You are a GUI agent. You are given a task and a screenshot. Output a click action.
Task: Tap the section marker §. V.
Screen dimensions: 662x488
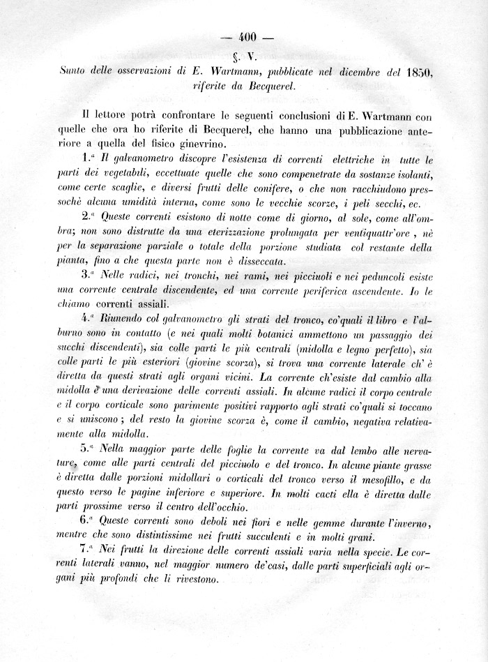point(248,56)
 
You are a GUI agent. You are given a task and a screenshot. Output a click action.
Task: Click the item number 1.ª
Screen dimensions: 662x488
point(89,160)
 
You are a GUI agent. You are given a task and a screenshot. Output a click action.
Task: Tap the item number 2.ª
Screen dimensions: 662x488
point(89,216)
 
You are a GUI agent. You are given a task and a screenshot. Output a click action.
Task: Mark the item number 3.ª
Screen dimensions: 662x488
point(89,274)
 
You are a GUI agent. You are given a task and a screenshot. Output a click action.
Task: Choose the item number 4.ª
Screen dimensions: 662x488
point(89,320)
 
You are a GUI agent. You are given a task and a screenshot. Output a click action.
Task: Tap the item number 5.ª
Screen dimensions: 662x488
point(89,449)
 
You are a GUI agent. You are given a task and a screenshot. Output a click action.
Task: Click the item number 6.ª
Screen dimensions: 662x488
point(89,521)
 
